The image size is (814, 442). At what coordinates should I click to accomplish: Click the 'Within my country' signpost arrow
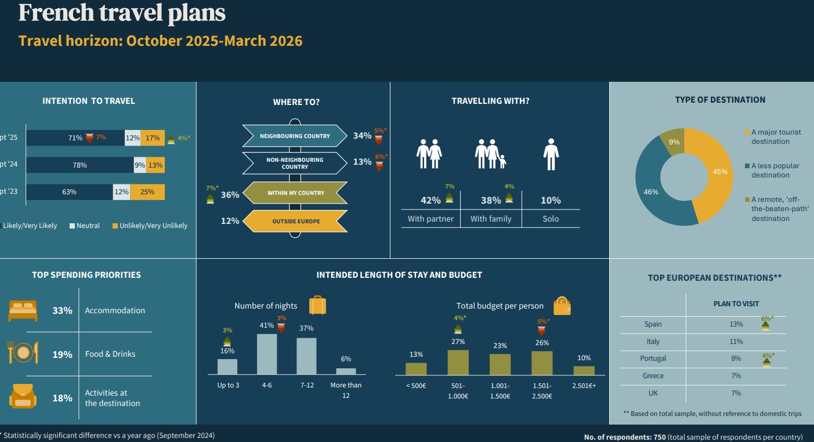[295, 193]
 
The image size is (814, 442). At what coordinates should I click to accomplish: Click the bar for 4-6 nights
[267, 354]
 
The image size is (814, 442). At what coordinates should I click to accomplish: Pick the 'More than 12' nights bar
[346, 371]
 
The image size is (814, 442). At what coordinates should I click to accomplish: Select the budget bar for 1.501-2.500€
[542, 363]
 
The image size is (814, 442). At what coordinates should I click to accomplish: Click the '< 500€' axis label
[415, 386]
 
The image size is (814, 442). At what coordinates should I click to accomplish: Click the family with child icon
[490, 154]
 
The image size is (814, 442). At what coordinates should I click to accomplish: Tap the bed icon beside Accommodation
[23, 310]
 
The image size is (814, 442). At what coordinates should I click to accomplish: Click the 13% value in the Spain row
[736, 324]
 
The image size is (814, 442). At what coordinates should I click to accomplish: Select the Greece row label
[653, 376]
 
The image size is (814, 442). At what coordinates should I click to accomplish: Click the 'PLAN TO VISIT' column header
[736, 303]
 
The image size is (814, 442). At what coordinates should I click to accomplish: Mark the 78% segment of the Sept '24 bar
[79, 165]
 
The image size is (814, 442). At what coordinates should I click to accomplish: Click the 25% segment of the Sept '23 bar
[147, 192]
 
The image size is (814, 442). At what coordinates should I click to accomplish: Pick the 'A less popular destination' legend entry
[775, 170]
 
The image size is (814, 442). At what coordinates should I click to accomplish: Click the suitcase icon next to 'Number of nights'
[317, 305]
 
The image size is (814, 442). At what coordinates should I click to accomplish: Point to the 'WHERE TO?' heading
[296, 102]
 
